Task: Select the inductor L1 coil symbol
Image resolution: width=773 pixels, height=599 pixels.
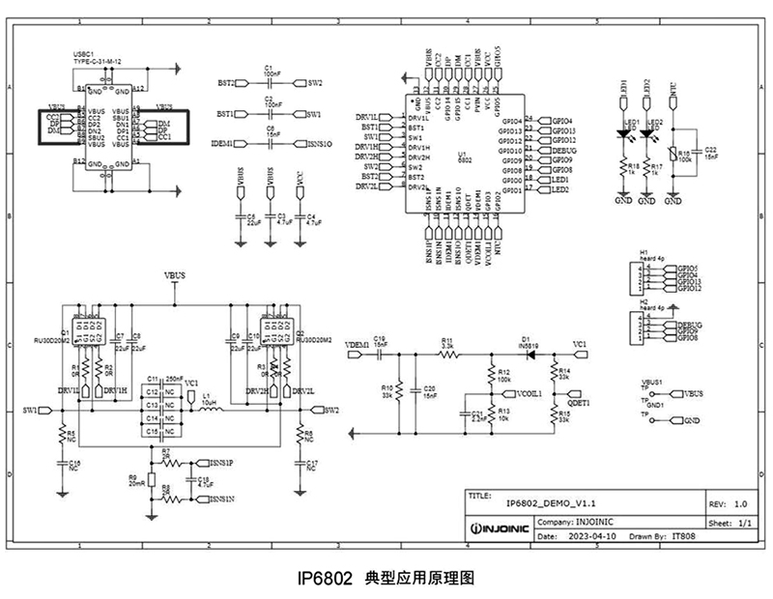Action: click(210, 409)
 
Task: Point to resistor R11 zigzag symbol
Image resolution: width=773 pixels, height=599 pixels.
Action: click(447, 355)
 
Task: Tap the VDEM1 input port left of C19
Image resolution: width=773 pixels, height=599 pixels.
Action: click(357, 355)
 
